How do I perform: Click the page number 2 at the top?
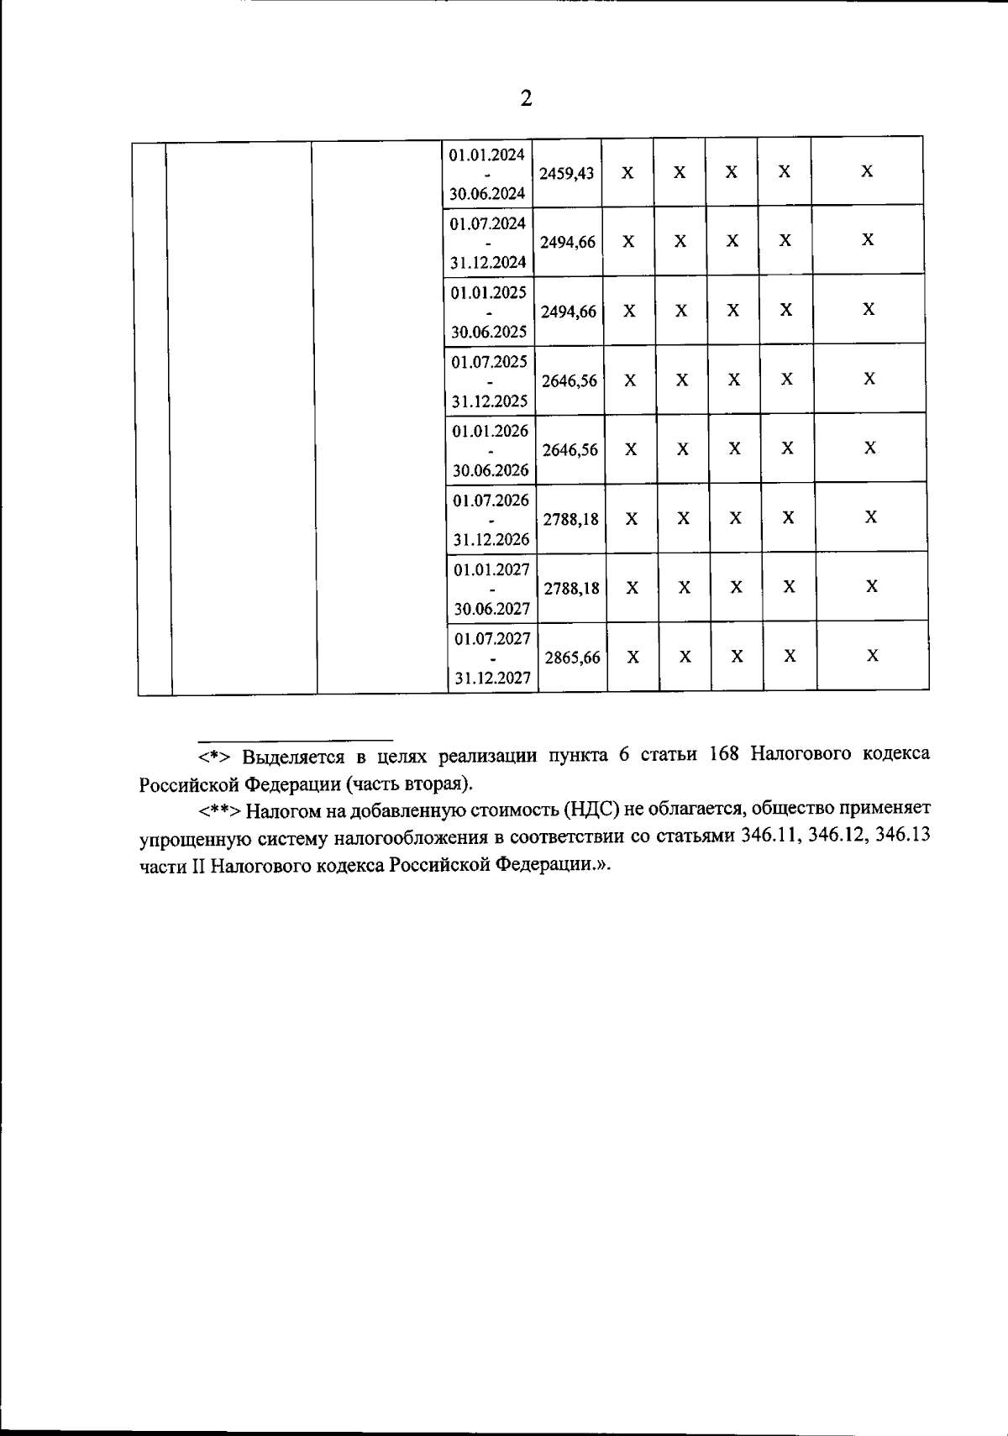pyautogui.click(x=526, y=99)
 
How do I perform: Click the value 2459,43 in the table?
pyautogui.click(x=566, y=174)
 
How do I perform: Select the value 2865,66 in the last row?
pyautogui.click(x=572, y=658)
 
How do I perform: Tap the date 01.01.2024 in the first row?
pyautogui.click(x=487, y=155)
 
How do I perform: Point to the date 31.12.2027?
pyautogui.click(x=492, y=678)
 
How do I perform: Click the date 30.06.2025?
pyautogui.click(x=489, y=332)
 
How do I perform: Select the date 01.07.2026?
pyautogui.click(x=491, y=501)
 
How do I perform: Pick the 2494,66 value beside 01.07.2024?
pyautogui.click(x=568, y=243)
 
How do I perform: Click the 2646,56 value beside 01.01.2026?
pyautogui.click(x=570, y=450)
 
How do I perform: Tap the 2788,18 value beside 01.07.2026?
pyautogui.click(x=571, y=519)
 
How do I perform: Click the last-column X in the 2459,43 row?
pyautogui.click(x=867, y=171)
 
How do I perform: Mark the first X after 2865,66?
pyautogui.click(x=633, y=657)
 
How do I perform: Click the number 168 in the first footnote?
pyautogui.click(x=723, y=754)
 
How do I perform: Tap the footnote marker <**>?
pyautogui.click(x=220, y=810)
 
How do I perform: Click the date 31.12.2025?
pyautogui.click(x=490, y=401)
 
